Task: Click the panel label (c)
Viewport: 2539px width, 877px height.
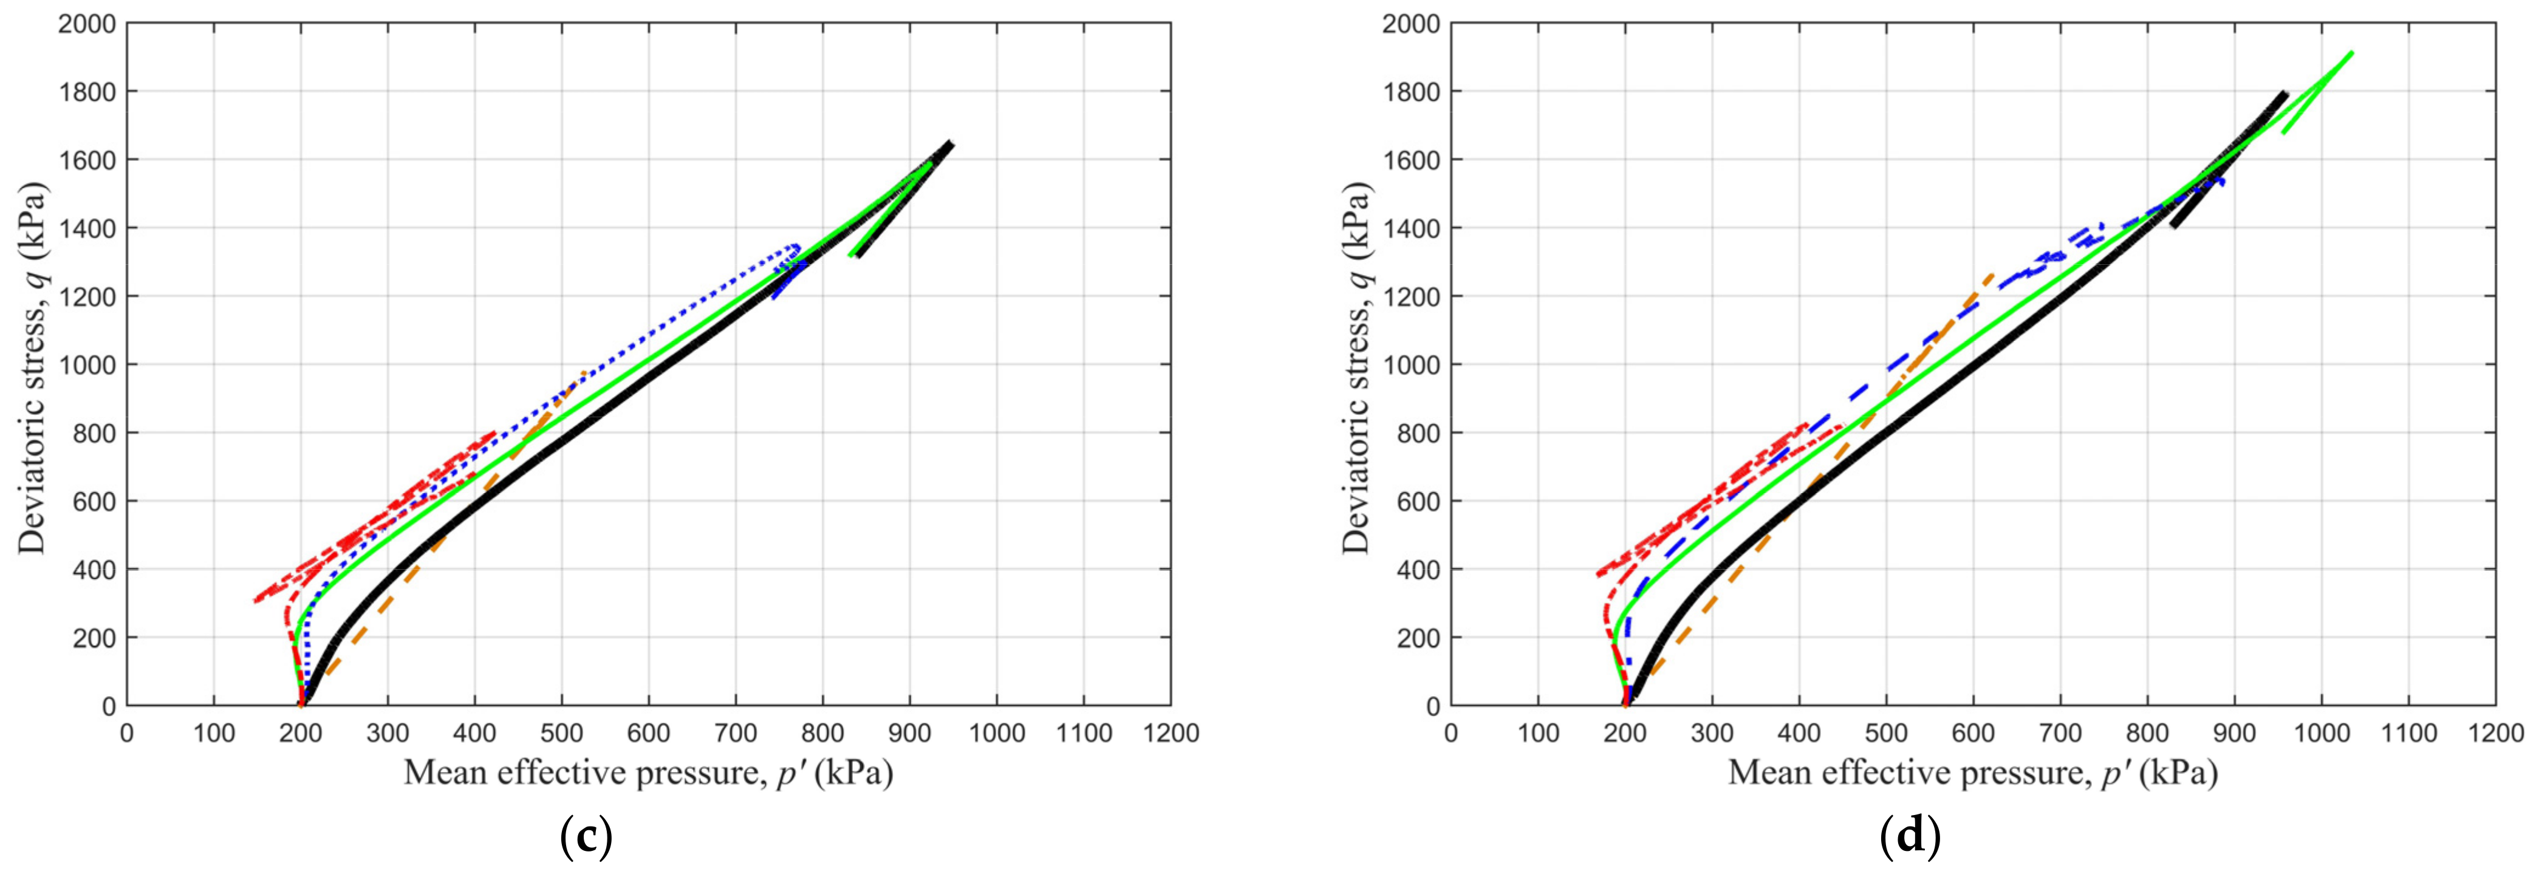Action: click(586, 836)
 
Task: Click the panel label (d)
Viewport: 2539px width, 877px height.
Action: click(1910, 836)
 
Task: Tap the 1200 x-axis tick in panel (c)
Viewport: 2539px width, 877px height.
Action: click(1170, 733)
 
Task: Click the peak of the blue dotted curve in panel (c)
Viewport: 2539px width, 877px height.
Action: click(795, 245)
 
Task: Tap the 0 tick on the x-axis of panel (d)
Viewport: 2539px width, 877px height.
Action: click(1450, 733)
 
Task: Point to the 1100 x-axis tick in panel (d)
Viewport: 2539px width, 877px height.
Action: click(2408, 733)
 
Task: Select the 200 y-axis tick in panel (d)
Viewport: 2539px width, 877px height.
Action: click(1420, 638)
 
